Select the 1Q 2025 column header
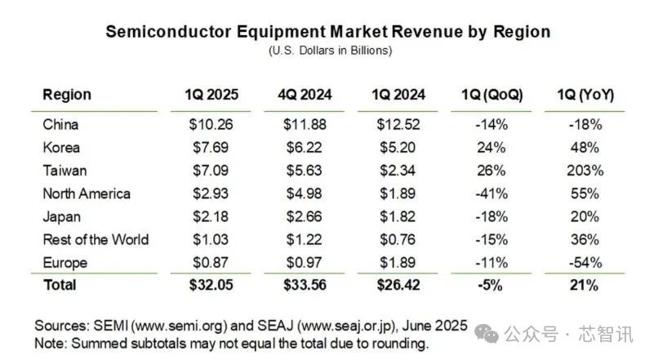click(211, 96)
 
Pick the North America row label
click(86, 193)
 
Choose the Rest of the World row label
click(95, 239)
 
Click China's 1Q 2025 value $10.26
click(211, 125)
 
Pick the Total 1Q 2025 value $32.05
click(211, 285)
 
